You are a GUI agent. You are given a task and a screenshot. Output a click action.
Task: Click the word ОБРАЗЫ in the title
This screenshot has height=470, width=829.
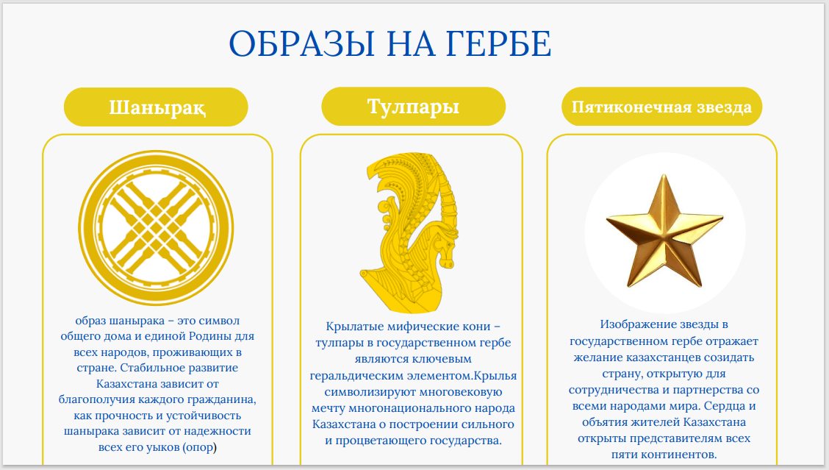tap(302, 43)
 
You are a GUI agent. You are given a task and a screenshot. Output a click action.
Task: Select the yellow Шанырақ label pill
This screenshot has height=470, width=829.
tap(156, 107)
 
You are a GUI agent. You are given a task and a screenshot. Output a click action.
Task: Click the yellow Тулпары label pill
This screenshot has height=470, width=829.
tap(414, 107)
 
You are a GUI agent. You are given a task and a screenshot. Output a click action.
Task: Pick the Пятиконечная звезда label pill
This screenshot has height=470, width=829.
tap(661, 107)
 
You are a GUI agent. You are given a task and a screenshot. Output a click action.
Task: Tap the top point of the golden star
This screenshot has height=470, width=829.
tap(664, 175)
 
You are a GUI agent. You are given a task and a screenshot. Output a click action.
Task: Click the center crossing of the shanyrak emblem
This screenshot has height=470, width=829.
tap(156, 227)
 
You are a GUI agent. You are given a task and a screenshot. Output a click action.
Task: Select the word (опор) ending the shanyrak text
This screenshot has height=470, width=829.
tap(199, 447)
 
